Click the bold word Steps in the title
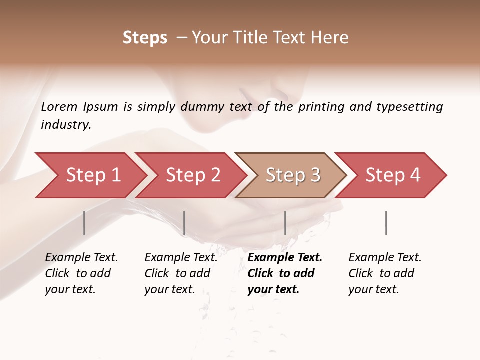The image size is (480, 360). pos(145,38)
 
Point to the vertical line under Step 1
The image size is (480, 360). pos(84,223)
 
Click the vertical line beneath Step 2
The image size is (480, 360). pos(184,223)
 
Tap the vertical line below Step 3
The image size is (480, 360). pos(285,223)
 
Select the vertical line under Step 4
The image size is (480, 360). pos(386,223)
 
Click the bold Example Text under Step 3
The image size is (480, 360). pos(285,258)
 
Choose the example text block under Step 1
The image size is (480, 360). pos(81,273)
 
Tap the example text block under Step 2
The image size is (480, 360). pos(181,273)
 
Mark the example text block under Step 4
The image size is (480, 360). pos(385,273)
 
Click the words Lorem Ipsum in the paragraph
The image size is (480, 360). pos(79,107)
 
